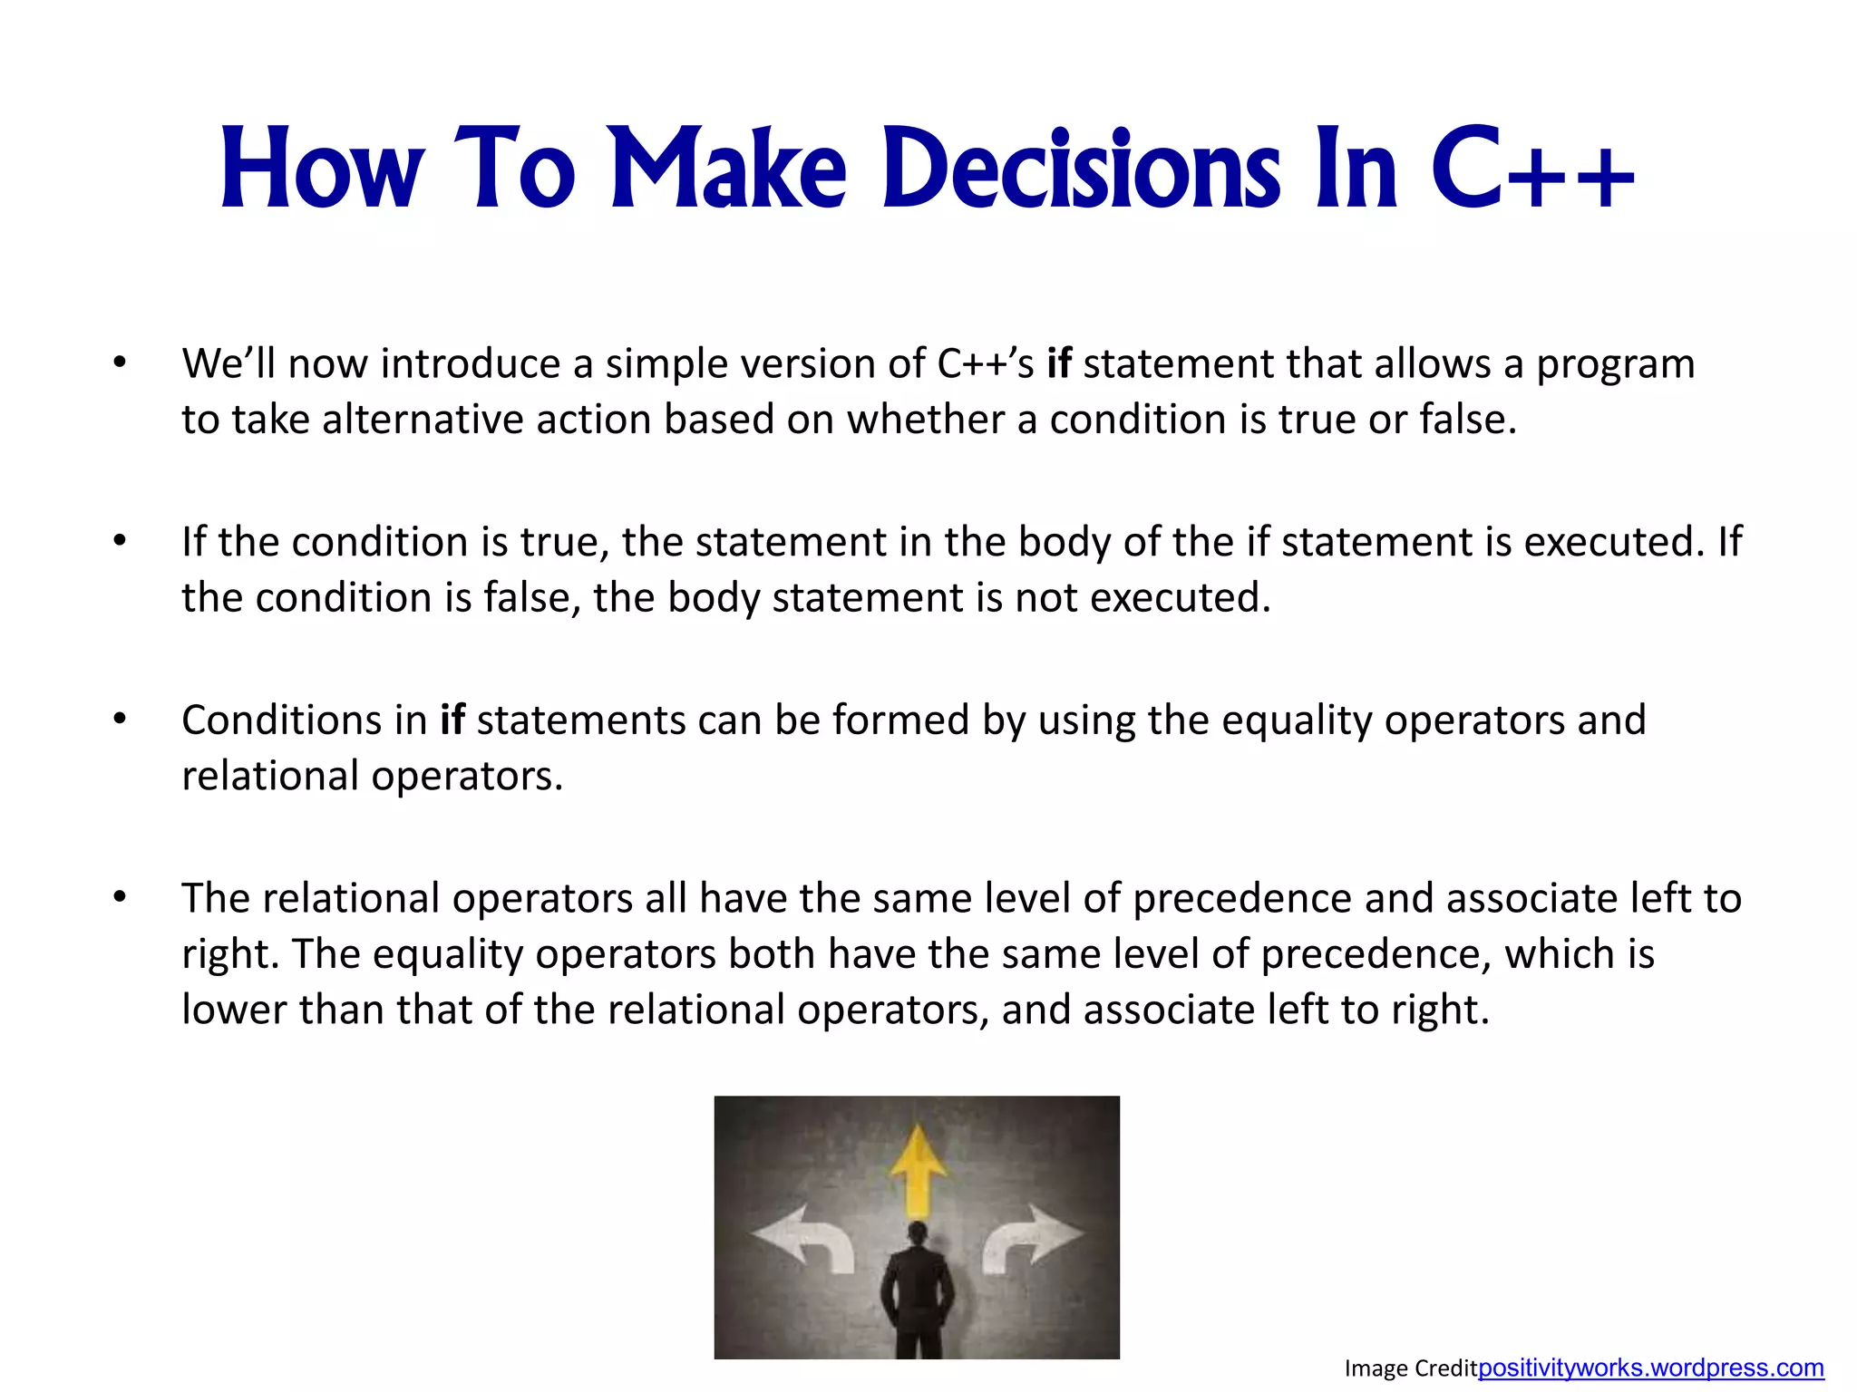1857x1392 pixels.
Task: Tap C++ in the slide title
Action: tap(1532, 170)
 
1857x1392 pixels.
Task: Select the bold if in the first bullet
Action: tap(1058, 363)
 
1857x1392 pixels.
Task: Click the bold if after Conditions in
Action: tap(452, 720)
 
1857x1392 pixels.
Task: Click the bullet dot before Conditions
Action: tap(120, 720)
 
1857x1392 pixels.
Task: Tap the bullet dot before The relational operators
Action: tap(120, 897)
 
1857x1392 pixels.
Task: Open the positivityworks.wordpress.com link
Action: tap(1650, 1368)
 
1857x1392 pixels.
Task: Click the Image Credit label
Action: tap(1410, 1368)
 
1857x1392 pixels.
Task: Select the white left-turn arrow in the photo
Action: tap(807, 1240)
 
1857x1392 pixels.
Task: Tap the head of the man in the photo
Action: tap(918, 1233)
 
